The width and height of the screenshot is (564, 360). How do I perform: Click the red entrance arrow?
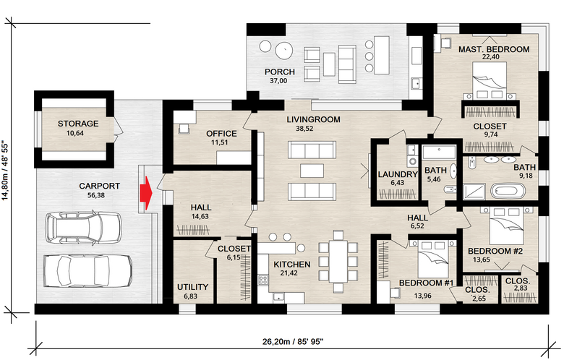pos(145,193)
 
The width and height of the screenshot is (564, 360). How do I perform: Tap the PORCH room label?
pos(280,72)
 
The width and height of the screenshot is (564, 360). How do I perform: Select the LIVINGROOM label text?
pos(313,119)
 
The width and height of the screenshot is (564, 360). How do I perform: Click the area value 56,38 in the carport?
pos(96,195)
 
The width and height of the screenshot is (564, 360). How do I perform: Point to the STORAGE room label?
pos(78,124)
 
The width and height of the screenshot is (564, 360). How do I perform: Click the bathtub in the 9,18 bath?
pos(508,191)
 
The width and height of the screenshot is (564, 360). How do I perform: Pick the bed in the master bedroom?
pos(490,80)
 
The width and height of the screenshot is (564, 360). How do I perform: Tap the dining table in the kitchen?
pos(338,261)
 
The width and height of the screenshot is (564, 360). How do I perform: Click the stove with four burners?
pos(263,280)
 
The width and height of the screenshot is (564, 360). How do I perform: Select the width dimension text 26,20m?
pos(276,342)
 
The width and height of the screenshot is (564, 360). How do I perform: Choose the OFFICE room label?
pos(221,134)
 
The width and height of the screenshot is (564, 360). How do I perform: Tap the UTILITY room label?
pos(192,287)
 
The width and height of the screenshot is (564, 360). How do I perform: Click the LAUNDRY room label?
pos(398,174)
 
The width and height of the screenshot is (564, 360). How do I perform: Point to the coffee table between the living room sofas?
pos(312,171)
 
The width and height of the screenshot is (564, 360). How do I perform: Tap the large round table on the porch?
pos(284,51)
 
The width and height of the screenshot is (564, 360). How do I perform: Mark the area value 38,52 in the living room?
pos(304,129)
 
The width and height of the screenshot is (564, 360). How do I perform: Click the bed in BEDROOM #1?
pos(431,259)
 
